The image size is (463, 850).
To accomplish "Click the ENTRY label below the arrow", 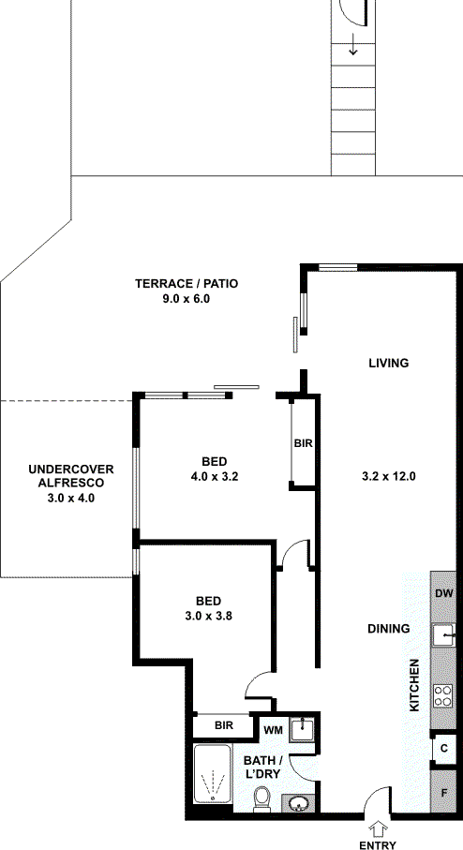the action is point(378,844).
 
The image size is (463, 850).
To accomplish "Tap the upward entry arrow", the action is point(378,828).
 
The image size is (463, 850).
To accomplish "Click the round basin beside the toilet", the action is point(297,802).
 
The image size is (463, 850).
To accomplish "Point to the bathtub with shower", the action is point(213,773).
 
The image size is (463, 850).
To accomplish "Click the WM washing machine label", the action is point(274,730).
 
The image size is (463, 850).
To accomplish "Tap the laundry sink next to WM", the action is point(302,729).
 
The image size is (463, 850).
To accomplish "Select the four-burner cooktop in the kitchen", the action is point(443,696).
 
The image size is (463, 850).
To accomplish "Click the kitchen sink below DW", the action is point(443,634).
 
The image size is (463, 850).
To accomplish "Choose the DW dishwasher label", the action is point(443,593).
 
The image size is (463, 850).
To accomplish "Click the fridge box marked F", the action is point(443,792).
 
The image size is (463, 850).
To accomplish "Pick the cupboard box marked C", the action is point(443,749).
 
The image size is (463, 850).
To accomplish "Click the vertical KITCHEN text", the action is point(414,685).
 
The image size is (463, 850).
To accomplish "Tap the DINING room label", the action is point(388,629).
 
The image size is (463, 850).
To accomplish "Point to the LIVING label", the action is point(388,364).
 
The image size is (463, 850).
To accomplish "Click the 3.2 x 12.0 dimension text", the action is point(388,477).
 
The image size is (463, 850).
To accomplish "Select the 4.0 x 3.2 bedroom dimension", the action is point(214,477).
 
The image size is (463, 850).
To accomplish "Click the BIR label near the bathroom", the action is point(224,725).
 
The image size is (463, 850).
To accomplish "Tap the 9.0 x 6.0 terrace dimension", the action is point(186,299).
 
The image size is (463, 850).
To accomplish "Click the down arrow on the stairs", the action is point(353,44).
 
